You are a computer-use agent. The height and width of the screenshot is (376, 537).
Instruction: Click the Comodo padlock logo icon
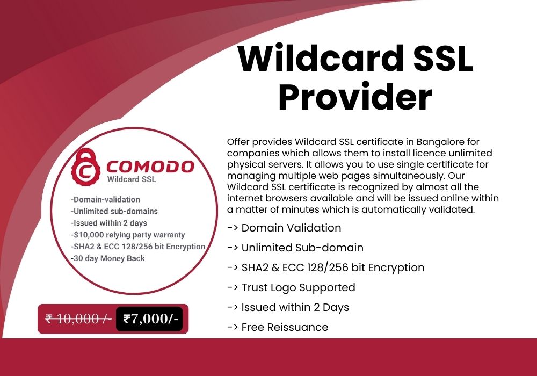point(85,167)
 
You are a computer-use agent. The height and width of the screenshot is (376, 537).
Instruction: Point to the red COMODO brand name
point(150,167)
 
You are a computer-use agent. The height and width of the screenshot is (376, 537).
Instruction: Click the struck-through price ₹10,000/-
point(78,319)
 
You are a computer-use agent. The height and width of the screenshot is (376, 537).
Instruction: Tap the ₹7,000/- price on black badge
point(150,319)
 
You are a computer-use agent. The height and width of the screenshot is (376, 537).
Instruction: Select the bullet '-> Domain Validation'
point(284,228)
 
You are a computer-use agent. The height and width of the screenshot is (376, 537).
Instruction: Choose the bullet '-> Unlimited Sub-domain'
point(295,248)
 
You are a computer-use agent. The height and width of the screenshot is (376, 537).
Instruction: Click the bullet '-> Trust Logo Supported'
point(291,288)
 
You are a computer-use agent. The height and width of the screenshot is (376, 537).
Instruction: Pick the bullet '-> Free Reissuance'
point(278,327)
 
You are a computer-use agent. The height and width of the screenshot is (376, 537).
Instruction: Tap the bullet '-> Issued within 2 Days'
point(288,307)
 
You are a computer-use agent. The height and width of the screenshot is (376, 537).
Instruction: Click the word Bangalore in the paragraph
point(448,142)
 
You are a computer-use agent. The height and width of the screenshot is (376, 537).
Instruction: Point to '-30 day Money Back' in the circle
point(108,258)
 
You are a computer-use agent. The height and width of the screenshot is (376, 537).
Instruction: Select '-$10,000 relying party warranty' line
point(128,235)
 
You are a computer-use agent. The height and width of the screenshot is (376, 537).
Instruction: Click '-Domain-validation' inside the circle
point(105,199)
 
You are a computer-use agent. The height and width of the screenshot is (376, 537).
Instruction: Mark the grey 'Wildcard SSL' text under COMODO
point(132,179)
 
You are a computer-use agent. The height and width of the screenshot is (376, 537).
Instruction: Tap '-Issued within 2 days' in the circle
point(109,223)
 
